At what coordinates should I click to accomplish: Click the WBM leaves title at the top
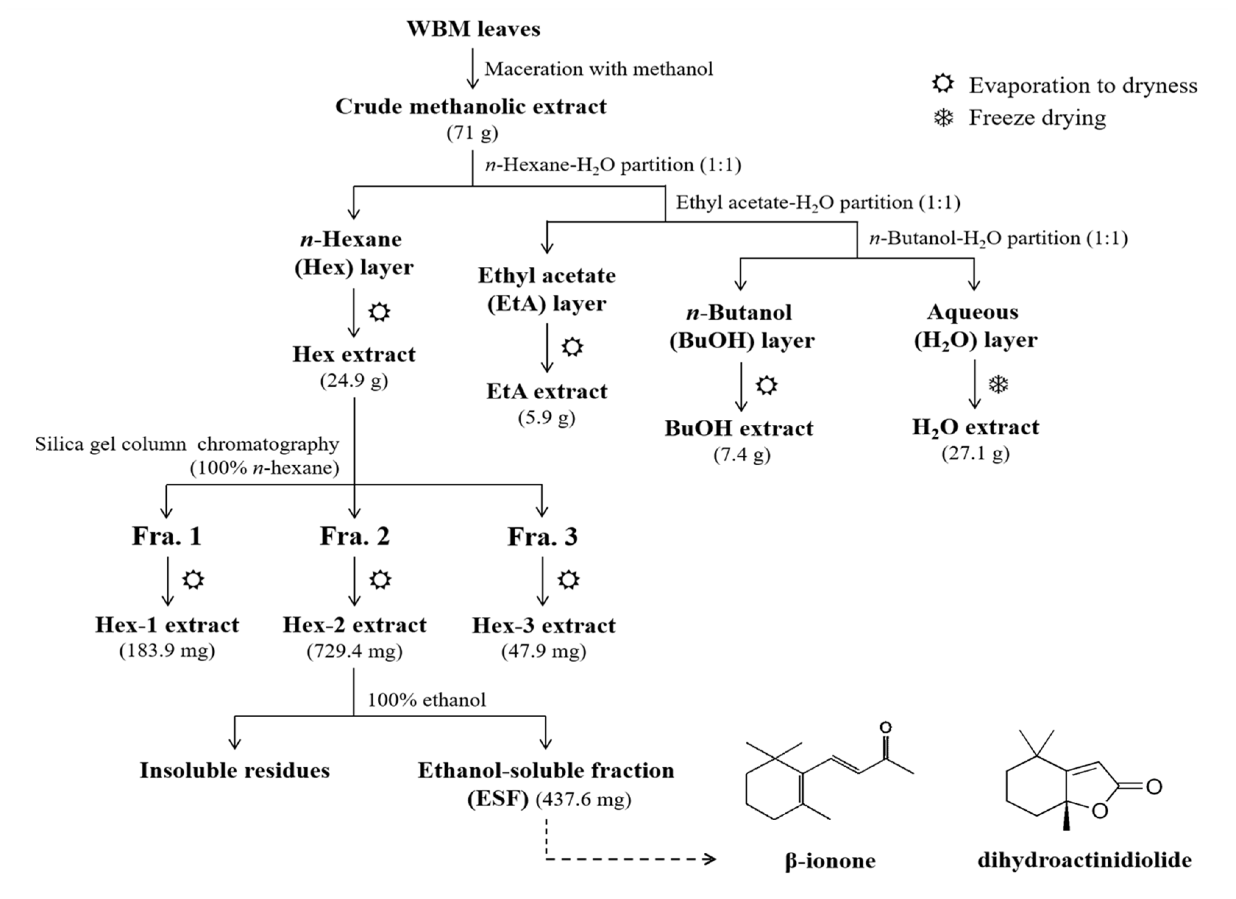(473, 29)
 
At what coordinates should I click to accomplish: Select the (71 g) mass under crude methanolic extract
(472, 132)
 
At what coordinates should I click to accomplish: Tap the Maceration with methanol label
(599, 69)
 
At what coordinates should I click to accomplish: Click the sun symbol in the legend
(943, 85)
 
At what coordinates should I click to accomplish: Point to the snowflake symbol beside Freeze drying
(943, 118)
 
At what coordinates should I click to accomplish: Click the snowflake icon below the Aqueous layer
(998, 385)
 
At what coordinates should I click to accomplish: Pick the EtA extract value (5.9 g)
(547, 418)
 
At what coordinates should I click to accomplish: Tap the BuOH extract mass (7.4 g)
(741, 454)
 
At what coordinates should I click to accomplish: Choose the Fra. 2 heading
(354, 536)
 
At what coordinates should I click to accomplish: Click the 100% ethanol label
(426, 700)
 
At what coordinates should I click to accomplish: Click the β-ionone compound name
(830, 861)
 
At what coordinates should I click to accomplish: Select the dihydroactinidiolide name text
(1084, 860)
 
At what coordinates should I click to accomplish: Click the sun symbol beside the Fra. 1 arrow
(193, 579)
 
